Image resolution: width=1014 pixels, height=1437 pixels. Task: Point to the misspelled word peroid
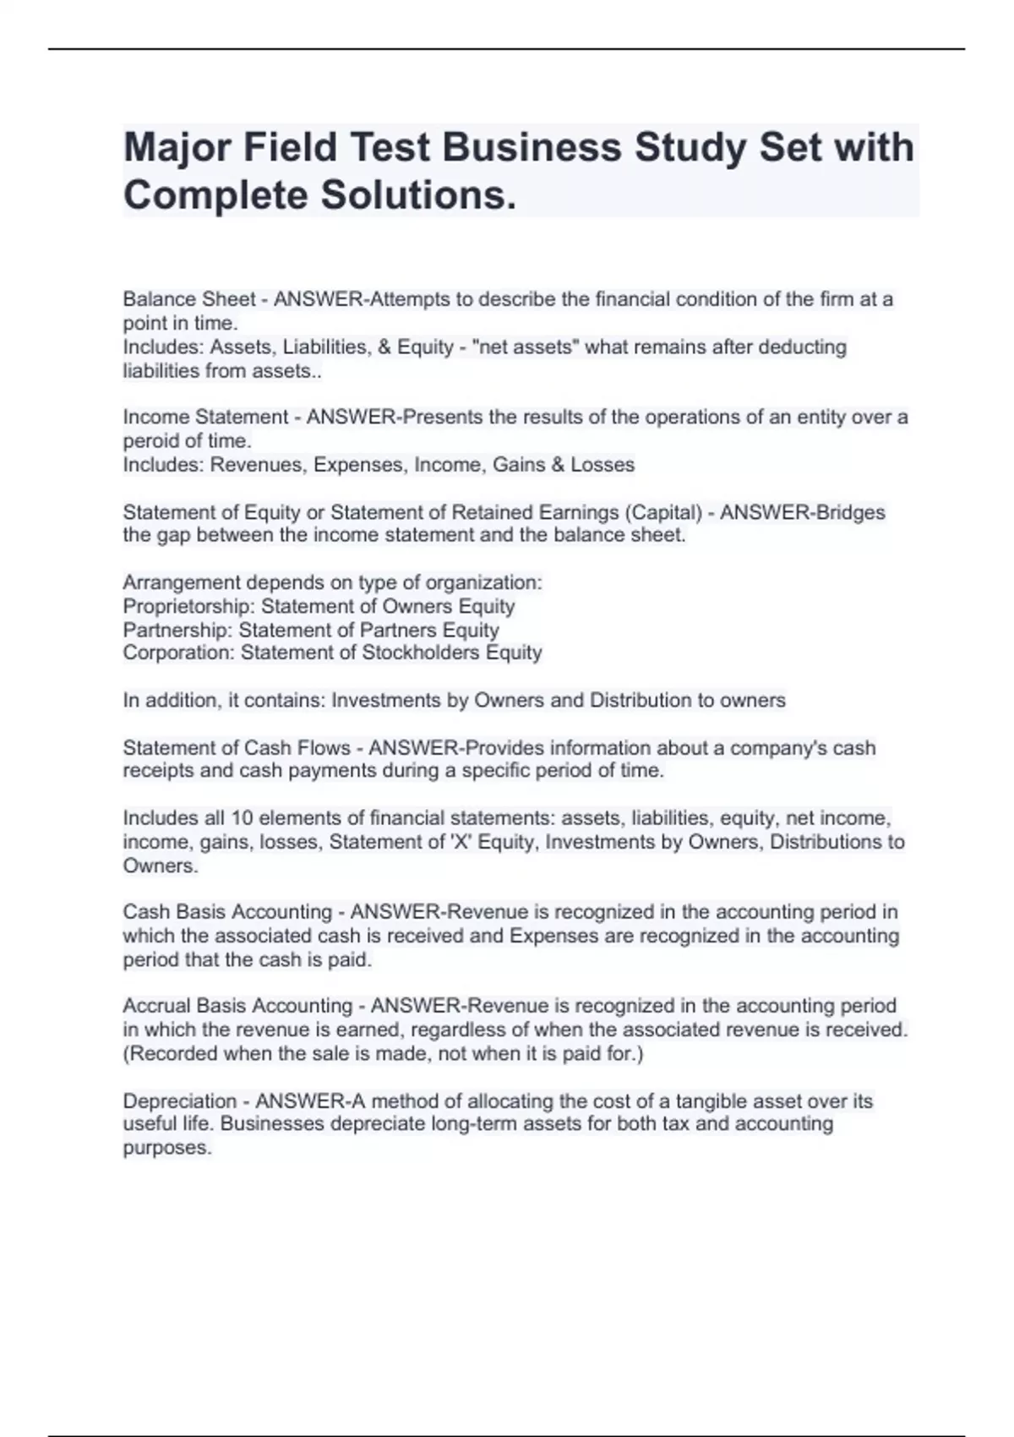pyautogui.click(x=150, y=440)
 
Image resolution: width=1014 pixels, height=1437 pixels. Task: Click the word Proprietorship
pyautogui.click(x=188, y=606)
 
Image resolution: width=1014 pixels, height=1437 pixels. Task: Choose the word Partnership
pyautogui.click(x=177, y=630)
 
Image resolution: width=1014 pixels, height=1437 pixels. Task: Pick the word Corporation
pyautogui.click(x=178, y=653)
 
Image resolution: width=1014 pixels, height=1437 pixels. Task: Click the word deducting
pyautogui.click(x=805, y=347)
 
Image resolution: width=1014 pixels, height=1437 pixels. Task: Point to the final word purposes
pyautogui.click(x=166, y=1148)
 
